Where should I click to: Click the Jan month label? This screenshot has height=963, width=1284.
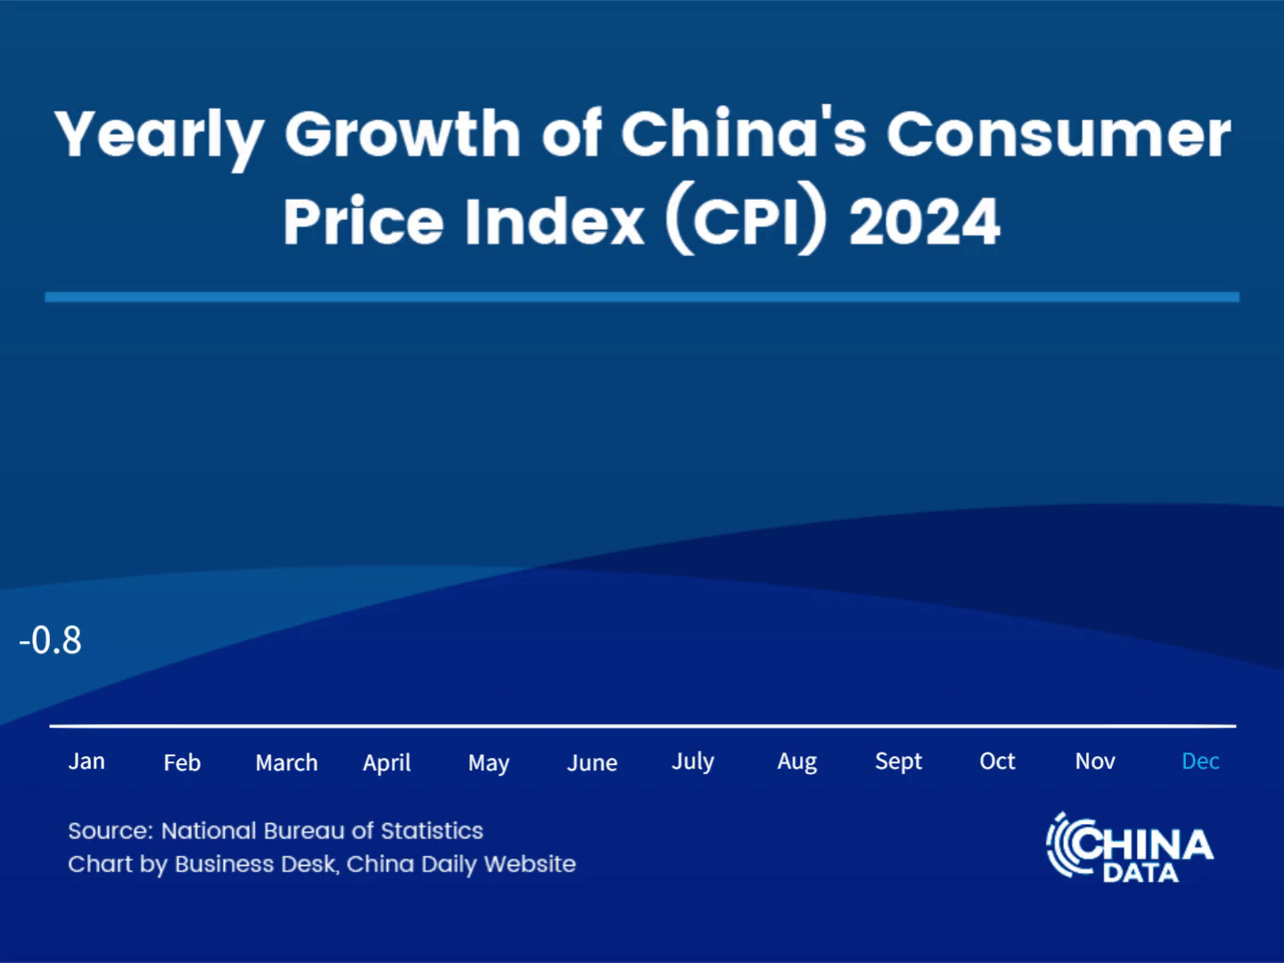pyautogui.click(x=86, y=761)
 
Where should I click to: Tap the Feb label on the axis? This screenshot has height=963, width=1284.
pyautogui.click(x=182, y=762)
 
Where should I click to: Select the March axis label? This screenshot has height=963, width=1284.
pyautogui.click(x=286, y=762)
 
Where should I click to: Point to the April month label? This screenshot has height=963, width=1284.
pyautogui.click(x=386, y=763)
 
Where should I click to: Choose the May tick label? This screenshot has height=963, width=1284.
pyautogui.click(x=489, y=763)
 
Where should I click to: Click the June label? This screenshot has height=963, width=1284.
pyautogui.click(x=592, y=762)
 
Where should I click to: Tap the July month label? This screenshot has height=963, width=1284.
pyautogui.click(x=693, y=761)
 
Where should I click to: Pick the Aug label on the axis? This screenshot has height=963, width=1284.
pyautogui.click(x=797, y=762)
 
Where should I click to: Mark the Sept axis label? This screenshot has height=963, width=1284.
pyautogui.click(x=898, y=761)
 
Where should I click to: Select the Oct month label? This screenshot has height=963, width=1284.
pyautogui.click(x=997, y=761)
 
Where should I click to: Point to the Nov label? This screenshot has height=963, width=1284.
pyautogui.click(x=1095, y=761)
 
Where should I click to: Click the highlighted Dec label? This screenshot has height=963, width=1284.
pyautogui.click(x=1200, y=761)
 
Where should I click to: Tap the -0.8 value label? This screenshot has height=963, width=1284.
pyautogui.click(x=51, y=640)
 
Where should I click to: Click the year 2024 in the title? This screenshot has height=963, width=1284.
pyautogui.click(x=925, y=222)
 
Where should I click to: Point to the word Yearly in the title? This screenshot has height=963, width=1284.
pyautogui.click(x=159, y=136)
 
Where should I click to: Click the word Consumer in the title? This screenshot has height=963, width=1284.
pyautogui.click(x=1058, y=136)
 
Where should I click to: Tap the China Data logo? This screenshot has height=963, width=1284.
pyautogui.click(x=1130, y=848)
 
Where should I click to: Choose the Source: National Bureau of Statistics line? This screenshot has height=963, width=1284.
pyautogui.click(x=276, y=831)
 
